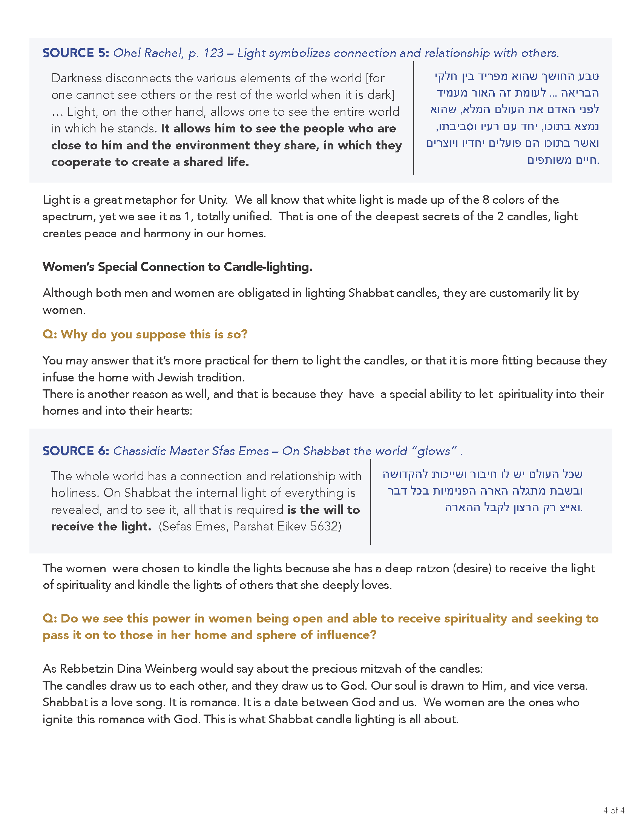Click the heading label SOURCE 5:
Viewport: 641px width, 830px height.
click(75, 53)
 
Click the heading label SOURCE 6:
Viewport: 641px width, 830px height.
click(75, 451)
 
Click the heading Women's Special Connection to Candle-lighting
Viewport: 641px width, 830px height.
click(177, 267)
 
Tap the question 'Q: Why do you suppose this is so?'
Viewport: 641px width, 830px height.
click(145, 334)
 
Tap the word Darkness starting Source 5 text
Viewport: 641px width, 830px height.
click(76, 78)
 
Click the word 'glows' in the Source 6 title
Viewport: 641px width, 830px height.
click(434, 451)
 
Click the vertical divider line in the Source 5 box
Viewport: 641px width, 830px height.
click(414, 118)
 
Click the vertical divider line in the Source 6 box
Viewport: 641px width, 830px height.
click(371, 502)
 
